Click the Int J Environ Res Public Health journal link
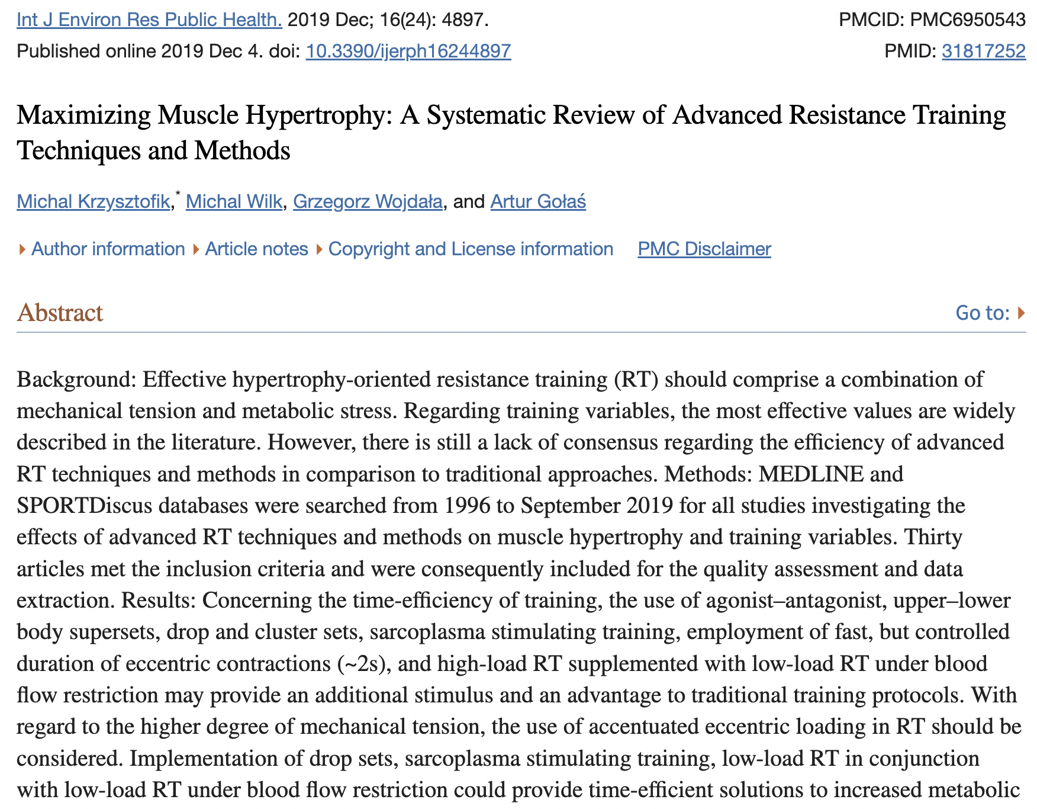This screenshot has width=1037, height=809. tap(149, 20)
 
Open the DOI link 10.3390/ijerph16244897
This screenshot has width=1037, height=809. tap(408, 52)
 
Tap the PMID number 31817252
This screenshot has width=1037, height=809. tap(983, 52)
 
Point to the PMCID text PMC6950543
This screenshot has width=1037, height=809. tap(968, 20)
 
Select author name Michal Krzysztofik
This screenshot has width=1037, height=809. tap(93, 202)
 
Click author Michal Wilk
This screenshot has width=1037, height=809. tap(234, 202)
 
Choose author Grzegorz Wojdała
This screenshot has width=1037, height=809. tap(368, 202)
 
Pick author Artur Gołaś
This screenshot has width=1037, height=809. tap(538, 202)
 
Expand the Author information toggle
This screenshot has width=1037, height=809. tap(108, 249)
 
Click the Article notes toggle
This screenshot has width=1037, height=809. tap(256, 249)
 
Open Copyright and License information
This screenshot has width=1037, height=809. tap(471, 249)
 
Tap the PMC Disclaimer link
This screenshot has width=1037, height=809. tap(704, 249)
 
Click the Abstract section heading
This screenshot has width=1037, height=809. tap(60, 313)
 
